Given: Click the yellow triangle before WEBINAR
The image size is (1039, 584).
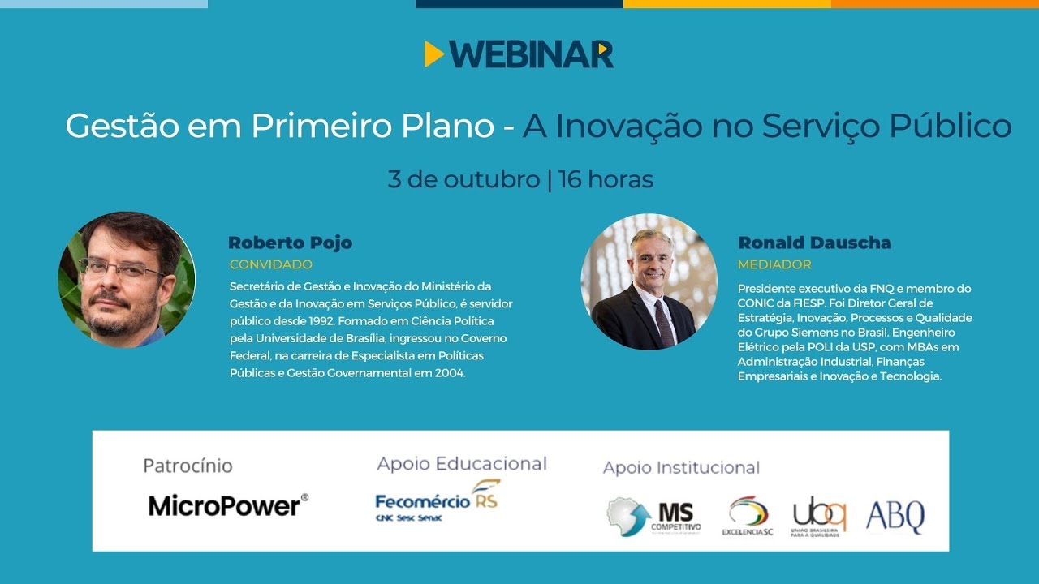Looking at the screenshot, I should click(433, 54).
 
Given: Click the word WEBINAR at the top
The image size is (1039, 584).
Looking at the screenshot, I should click(532, 54).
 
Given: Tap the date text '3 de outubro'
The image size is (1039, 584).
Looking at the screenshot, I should click(463, 179).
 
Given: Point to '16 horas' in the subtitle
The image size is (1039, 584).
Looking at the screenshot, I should click(606, 179).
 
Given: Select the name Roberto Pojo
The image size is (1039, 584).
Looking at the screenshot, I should click(290, 243).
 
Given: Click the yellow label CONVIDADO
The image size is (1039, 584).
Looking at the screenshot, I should click(270, 264).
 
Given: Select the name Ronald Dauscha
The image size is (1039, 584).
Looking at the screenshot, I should click(814, 243).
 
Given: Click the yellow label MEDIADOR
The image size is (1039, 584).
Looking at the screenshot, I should click(774, 264).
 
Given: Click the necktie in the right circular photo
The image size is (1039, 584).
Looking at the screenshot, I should click(663, 322).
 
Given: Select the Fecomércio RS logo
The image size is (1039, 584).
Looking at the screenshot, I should click(438, 501).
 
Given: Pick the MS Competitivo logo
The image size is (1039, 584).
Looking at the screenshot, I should click(653, 517).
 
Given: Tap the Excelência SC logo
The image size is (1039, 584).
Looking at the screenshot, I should click(748, 516).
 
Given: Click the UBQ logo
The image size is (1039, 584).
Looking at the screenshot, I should click(819, 516).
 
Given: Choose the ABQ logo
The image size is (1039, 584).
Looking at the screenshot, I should click(895, 516).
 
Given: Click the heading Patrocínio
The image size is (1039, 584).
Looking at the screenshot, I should click(188, 466).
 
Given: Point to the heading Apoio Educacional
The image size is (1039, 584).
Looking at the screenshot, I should click(462, 464).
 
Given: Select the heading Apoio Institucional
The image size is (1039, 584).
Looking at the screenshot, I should click(681, 468).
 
